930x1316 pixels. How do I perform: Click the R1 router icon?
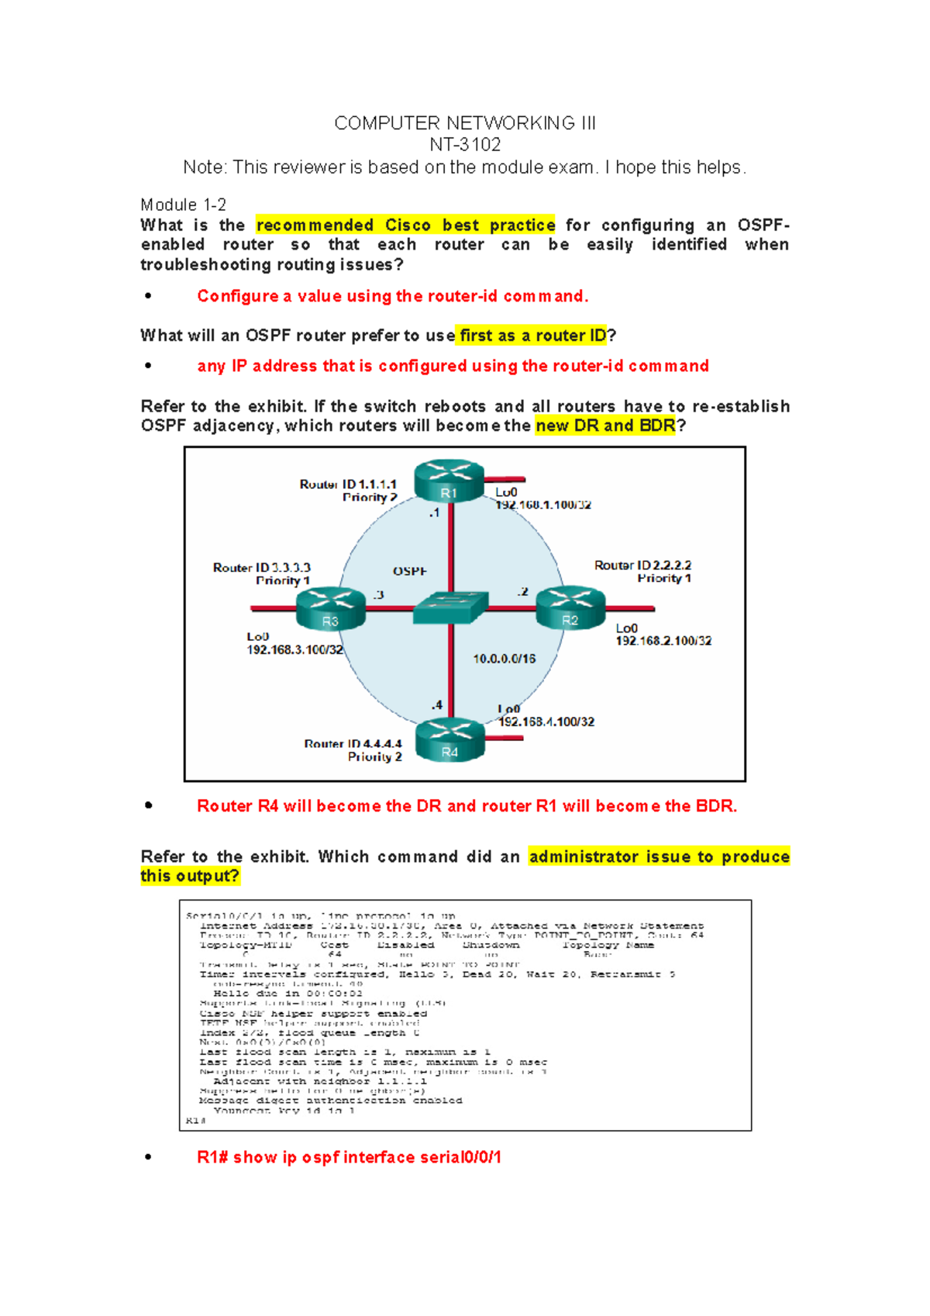pyautogui.click(x=449, y=482)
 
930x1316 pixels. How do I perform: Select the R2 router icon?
pyautogui.click(x=570, y=608)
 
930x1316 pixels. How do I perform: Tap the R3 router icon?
pyautogui.click(x=331, y=609)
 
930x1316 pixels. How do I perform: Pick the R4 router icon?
pyautogui.click(x=449, y=741)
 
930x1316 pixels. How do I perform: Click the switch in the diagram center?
pyautogui.click(x=450, y=608)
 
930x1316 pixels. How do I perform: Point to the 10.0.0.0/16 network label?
pyautogui.click(x=505, y=659)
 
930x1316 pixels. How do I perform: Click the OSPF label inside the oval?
pyautogui.click(x=409, y=571)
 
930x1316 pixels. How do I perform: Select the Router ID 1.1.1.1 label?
pyautogui.click(x=348, y=484)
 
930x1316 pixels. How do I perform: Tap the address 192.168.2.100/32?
pyautogui.click(x=663, y=641)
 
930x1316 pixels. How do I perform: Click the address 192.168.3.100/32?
pyautogui.click(x=294, y=649)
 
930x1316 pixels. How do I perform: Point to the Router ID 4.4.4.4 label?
pyautogui.click(x=353, y=744)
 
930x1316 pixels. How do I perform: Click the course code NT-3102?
pyautogui.click(x=465, y=145)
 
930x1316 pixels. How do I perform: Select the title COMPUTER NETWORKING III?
pyautogui.click(x=465, y=123)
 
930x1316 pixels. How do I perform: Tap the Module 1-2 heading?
pyautogui.click(x=183, y=205)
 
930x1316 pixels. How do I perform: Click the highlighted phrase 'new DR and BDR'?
pyautogui.click(x=605, y=425)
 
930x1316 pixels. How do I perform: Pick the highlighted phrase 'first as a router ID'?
pyautogui.click(x=532, y=336)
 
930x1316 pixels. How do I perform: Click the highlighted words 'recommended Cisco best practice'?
pyautogui.click(x=405, y=226)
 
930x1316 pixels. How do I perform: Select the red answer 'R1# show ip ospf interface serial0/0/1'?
pyautogui.click(x=349, y=1157)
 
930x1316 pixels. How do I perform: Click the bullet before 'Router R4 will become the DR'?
pyautogui.click(x=148, y=806)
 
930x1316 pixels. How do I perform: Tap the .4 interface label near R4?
pyautogui.click(x=438, y=705)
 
